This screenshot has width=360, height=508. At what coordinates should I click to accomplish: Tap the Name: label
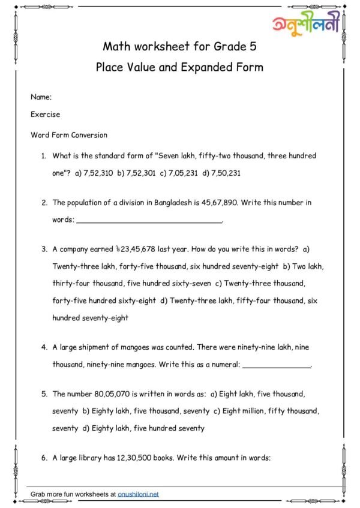(41, 96)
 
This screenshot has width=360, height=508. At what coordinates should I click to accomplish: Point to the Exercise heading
(45, 115)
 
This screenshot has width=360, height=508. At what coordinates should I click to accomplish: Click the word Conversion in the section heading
(90, 135)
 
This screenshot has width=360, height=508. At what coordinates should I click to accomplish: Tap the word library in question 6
(97, 458)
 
